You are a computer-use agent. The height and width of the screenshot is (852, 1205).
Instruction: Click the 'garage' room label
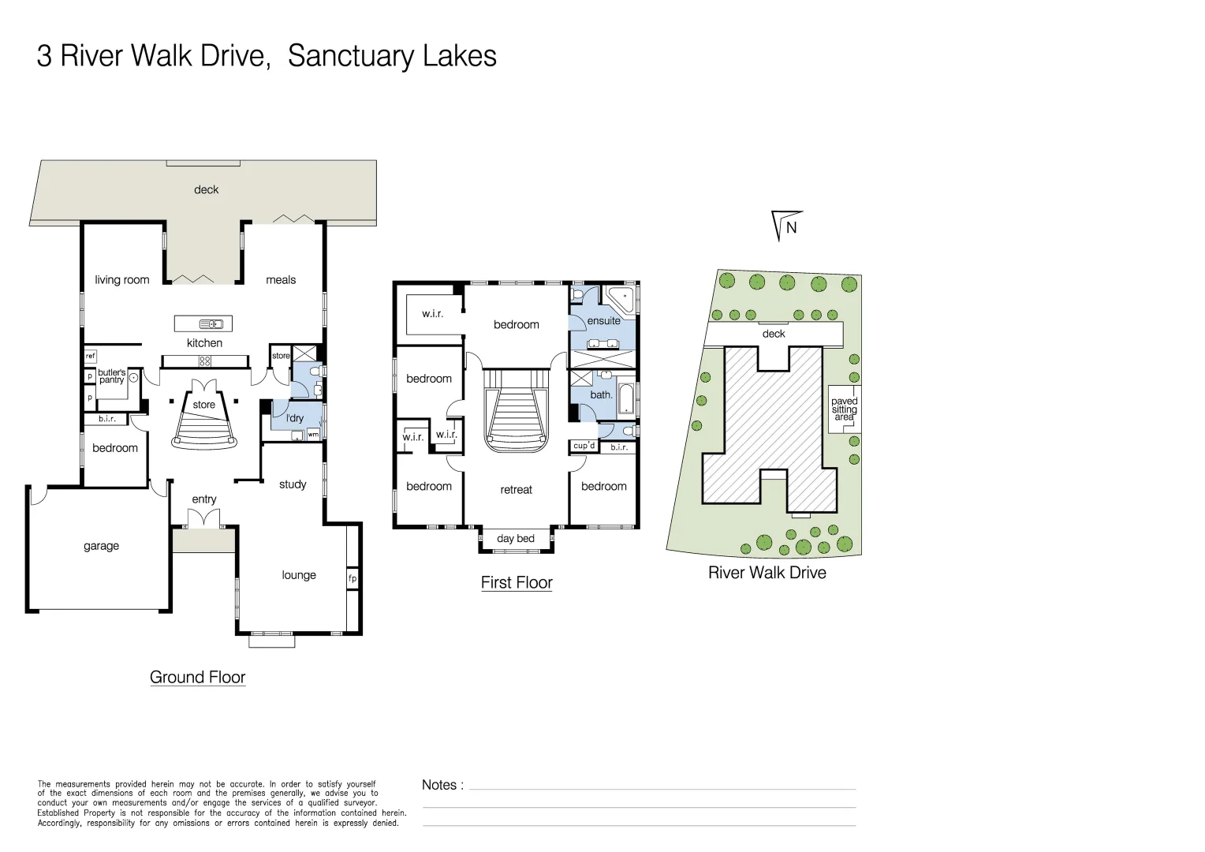click(101, 546)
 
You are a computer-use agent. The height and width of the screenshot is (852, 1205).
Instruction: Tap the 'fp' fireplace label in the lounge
click(353, 578)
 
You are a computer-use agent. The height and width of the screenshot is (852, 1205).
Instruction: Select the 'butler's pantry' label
click(111, 376)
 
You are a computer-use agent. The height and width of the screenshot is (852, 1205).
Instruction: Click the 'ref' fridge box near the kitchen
click(90, 357)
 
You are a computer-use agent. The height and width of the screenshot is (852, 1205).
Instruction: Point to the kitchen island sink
click(211, 323)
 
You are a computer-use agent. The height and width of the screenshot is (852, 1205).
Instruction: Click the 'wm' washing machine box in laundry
click(313, 434)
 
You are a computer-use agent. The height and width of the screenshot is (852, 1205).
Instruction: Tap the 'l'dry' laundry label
click(295, 418)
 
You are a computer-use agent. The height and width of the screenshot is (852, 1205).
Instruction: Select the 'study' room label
click(293, 484)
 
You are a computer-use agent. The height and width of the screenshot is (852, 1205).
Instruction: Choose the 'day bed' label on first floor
click(516, 539)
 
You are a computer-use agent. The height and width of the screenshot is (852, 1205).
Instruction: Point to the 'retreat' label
click(516, 490)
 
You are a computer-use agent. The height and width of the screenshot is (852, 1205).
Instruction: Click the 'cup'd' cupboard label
click(584, 446)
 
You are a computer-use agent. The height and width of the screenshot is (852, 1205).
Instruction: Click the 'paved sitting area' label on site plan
click(844, 409)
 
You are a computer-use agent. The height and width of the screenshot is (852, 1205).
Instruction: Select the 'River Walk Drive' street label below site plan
click(767, 573)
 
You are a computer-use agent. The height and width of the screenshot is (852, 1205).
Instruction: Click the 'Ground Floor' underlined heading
click(197, 678)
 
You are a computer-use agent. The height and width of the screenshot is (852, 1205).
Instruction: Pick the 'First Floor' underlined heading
click(517, 583)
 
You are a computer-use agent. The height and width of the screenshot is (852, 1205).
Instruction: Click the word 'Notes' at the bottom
click(439, 785)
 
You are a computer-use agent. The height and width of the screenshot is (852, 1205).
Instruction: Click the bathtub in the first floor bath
click(626, 399)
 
